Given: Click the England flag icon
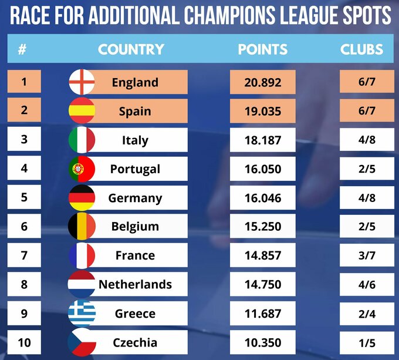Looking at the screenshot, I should [x=82, y=82].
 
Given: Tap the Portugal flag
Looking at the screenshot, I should [x=82, y=169].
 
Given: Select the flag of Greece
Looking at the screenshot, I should [x=82, y=314].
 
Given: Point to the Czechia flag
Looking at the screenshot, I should [x=82, y=342].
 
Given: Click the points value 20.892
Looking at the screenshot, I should [x=262, y=82].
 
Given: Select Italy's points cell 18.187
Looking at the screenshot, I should [x=262, y=140].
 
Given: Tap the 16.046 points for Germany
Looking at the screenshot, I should [x=262, y=198].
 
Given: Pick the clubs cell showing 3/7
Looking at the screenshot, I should [x=367, y=255].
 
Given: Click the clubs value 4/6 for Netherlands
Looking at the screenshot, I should [x=367, y=284].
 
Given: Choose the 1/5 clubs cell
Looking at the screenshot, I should [x=367, y=342].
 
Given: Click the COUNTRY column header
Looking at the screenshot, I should [x=131, y=49].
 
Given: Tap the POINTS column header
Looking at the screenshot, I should [x=262, y=49].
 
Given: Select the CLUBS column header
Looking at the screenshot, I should [x=361, y=49].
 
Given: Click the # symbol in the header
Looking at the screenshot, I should [x=22, y=49].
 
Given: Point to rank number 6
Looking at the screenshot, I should [x=24, y=226].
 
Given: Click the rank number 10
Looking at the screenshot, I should [x=24, y=342].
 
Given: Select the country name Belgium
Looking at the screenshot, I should [x=135, y=227].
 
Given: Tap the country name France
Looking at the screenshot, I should [x=135, y=255].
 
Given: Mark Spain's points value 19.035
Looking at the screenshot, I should [x=262, y=111].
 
